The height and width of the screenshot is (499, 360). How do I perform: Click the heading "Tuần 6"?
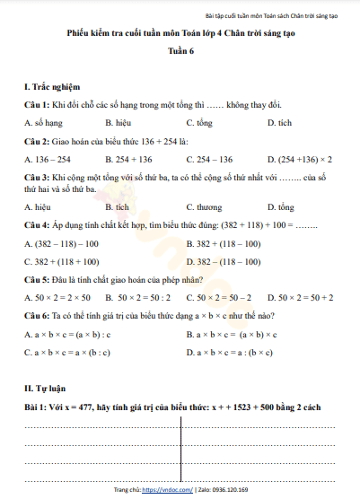click(180, 52)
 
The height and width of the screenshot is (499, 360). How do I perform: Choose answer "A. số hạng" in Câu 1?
click(43, 122)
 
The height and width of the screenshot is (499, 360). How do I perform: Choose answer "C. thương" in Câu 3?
click(205, 206)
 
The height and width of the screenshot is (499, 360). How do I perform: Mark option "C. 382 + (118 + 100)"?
click(62, 262)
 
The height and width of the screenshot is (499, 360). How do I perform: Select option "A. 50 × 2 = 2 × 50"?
click(57, 297)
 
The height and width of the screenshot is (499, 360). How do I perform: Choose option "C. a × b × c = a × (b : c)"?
click(67, 353)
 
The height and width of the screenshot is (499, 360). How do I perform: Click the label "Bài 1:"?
click(37, 407)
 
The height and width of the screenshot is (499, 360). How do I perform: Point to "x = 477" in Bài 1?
click(89, 407)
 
